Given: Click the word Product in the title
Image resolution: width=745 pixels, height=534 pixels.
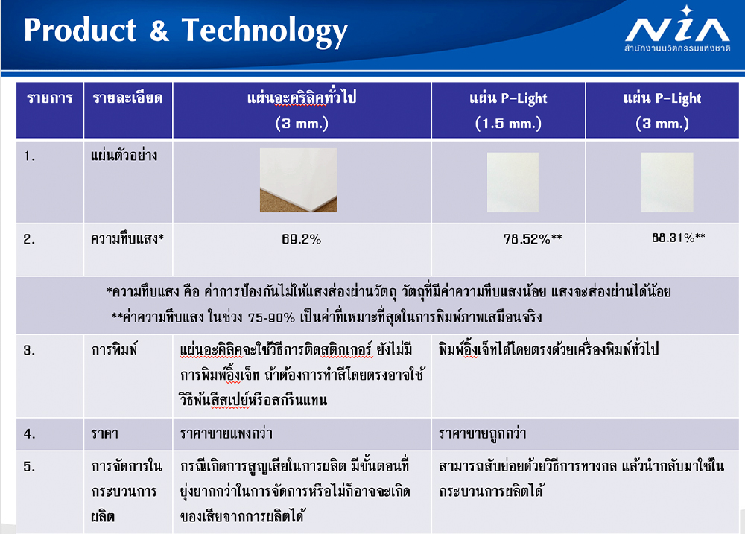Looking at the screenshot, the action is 80,30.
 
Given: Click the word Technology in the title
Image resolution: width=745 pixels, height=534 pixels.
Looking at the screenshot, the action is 264,31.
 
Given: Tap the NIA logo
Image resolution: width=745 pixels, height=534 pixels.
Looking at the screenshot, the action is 677,29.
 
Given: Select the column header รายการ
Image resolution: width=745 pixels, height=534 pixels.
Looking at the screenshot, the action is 50,98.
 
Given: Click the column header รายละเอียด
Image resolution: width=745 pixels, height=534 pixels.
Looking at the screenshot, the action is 127,98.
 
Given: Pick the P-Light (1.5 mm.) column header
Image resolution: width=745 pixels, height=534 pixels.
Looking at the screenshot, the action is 508,111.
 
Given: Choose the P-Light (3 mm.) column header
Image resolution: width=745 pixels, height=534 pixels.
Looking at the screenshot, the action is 662,111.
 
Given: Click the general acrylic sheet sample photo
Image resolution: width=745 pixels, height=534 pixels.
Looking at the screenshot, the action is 299,180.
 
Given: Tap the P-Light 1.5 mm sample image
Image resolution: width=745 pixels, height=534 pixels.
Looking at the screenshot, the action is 513,182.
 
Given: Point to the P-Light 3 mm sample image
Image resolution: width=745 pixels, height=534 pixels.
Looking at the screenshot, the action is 667,182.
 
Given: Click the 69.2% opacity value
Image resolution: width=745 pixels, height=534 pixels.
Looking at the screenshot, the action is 301,239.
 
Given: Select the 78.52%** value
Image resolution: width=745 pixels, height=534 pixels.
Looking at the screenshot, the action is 533,238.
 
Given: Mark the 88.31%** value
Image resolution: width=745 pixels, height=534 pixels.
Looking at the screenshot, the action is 679,238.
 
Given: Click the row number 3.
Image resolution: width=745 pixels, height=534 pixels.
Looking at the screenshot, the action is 29,350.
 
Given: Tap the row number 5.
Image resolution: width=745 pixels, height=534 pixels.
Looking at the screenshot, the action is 29,466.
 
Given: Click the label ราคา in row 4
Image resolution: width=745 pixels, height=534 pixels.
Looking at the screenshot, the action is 104,433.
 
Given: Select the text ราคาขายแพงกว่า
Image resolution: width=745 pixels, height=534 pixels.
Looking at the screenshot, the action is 226,433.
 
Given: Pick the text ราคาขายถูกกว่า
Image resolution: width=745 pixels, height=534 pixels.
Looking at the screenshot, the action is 482,433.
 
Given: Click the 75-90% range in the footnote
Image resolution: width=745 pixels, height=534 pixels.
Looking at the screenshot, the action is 271,317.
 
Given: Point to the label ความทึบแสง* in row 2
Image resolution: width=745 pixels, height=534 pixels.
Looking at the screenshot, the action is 127,238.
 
